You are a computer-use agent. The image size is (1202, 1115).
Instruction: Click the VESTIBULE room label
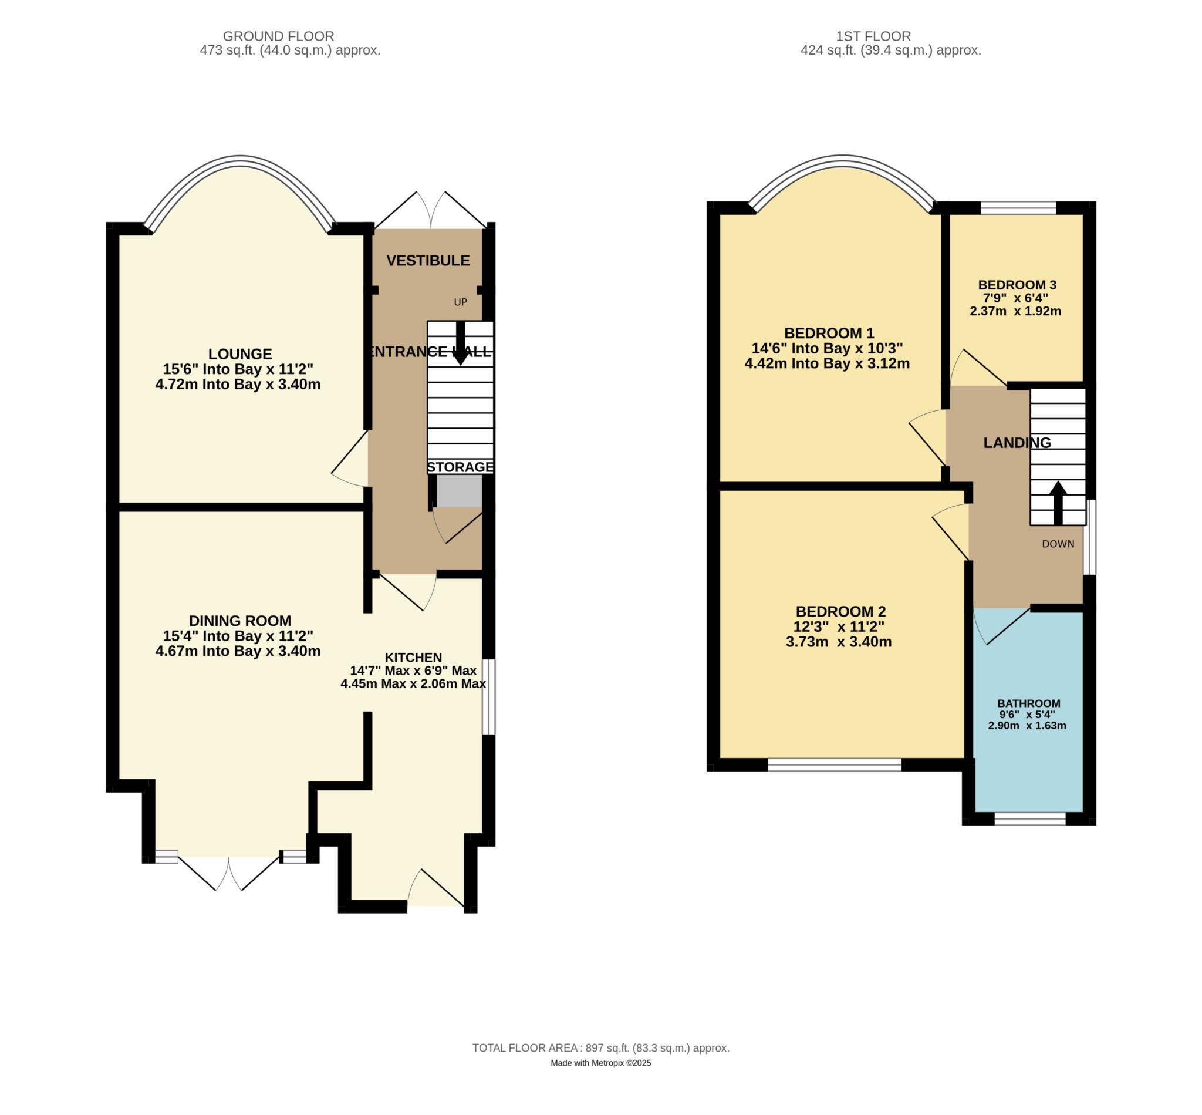428,260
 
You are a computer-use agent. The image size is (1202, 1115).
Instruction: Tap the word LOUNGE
240,353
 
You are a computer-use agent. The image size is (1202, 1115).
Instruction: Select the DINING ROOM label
240,620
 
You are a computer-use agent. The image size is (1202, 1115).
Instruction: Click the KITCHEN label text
413,657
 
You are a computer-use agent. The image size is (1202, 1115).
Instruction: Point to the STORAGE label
460,466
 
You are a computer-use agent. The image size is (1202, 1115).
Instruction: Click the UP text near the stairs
460,302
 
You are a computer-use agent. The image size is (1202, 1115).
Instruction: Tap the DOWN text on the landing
1058,544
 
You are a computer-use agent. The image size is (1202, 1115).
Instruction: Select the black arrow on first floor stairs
1058,503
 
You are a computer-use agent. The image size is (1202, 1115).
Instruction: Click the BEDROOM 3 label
1017,285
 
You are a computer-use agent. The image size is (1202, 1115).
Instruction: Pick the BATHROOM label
1028,703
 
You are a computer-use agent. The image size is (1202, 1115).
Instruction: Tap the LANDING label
1017,442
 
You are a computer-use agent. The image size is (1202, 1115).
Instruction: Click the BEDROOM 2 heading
840,611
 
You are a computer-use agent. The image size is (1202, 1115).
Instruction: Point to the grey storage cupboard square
459,490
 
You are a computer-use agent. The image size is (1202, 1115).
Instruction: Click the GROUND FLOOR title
278,36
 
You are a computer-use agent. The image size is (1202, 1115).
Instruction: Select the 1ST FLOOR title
890,36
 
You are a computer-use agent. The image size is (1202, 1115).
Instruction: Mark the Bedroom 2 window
834,764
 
